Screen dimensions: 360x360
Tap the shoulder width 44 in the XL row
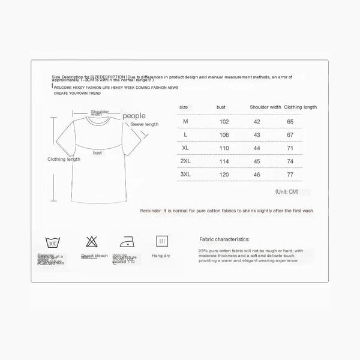click(x=257, y=148)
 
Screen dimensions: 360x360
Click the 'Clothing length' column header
click(x=301, y=107)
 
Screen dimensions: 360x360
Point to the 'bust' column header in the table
click(x=221, y=107)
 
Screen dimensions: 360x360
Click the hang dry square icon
click(x=161, y=242)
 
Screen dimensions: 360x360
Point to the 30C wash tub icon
click(x=52, y=243)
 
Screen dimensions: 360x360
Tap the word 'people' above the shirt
click(x=134, y=115)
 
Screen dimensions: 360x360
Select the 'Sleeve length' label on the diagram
click(x=145, y=124)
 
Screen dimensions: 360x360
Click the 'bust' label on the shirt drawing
click(x=97, y=152)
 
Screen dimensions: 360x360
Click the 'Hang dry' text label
click(x=162, y=256)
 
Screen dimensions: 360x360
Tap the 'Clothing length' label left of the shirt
click(x=63, y=159)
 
